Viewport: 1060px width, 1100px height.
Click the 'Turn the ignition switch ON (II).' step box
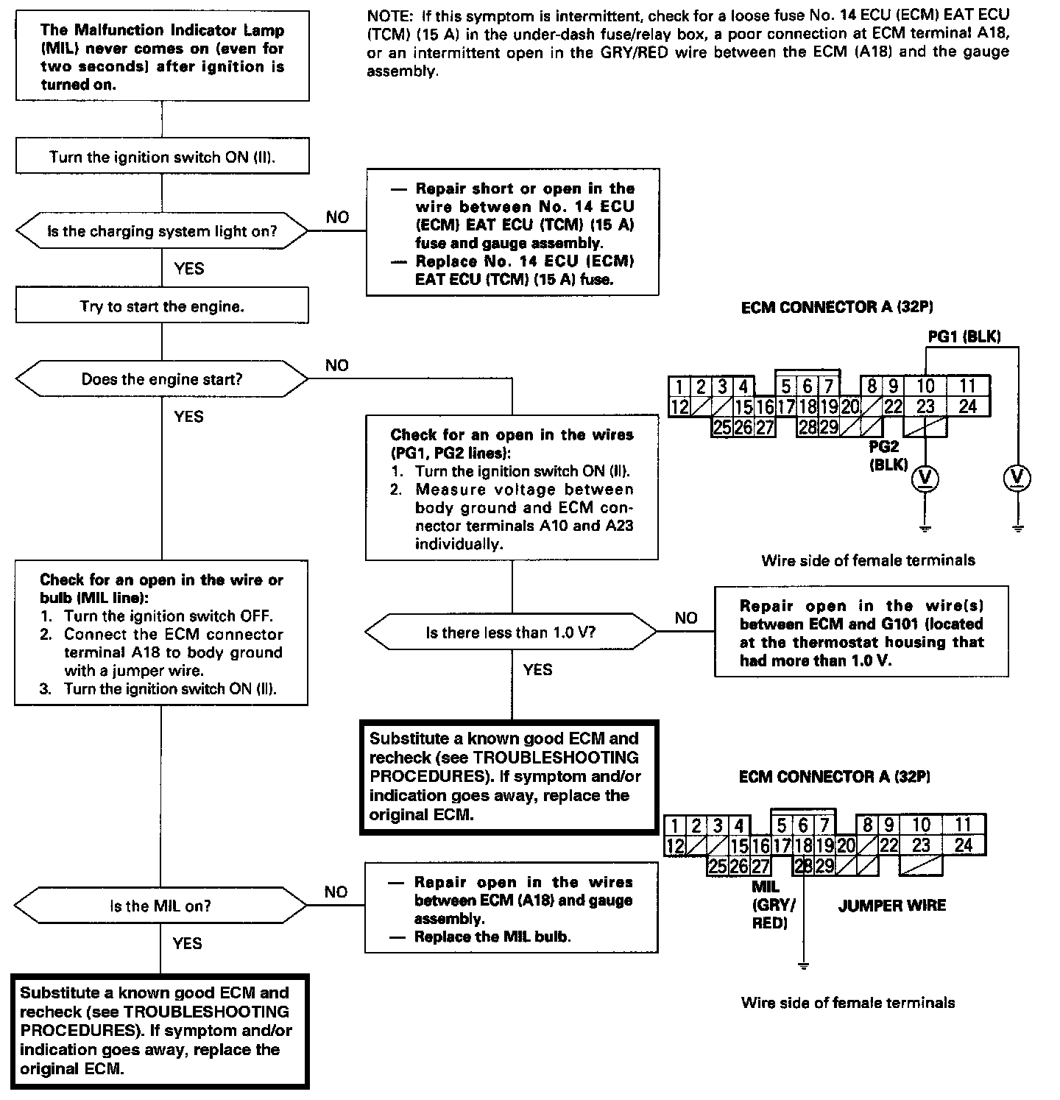(x=162, y=157)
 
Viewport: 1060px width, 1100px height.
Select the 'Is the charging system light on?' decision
(x=162, y=231)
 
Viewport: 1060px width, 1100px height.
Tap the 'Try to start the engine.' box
(x=162, y=306)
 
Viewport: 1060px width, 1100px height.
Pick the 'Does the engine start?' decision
(x=162, y=380)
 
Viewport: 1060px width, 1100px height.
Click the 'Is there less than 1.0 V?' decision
(x=511, y=632)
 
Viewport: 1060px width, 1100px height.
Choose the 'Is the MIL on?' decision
(x=160, y=906)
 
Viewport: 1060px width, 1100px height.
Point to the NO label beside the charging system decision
(x=337, y=217)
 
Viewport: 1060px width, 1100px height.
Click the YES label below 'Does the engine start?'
(x=188, y=417)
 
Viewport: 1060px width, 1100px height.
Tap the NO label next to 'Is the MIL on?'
(x=336, y=892)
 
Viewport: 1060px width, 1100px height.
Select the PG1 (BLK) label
(x=964, y=336)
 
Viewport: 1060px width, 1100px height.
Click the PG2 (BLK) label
(x=888, y=456)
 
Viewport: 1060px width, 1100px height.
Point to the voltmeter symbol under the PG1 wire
(x=1017, y=479)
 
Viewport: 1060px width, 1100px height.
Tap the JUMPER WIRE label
(x=891, y=906)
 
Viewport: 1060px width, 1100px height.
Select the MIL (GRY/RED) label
(x=769, y=905)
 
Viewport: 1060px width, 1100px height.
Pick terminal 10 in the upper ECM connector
(x=925, y=386)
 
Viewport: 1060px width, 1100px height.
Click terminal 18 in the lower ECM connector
(x=804, y=846)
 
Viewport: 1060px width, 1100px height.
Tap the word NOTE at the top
(x=389, y=15)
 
